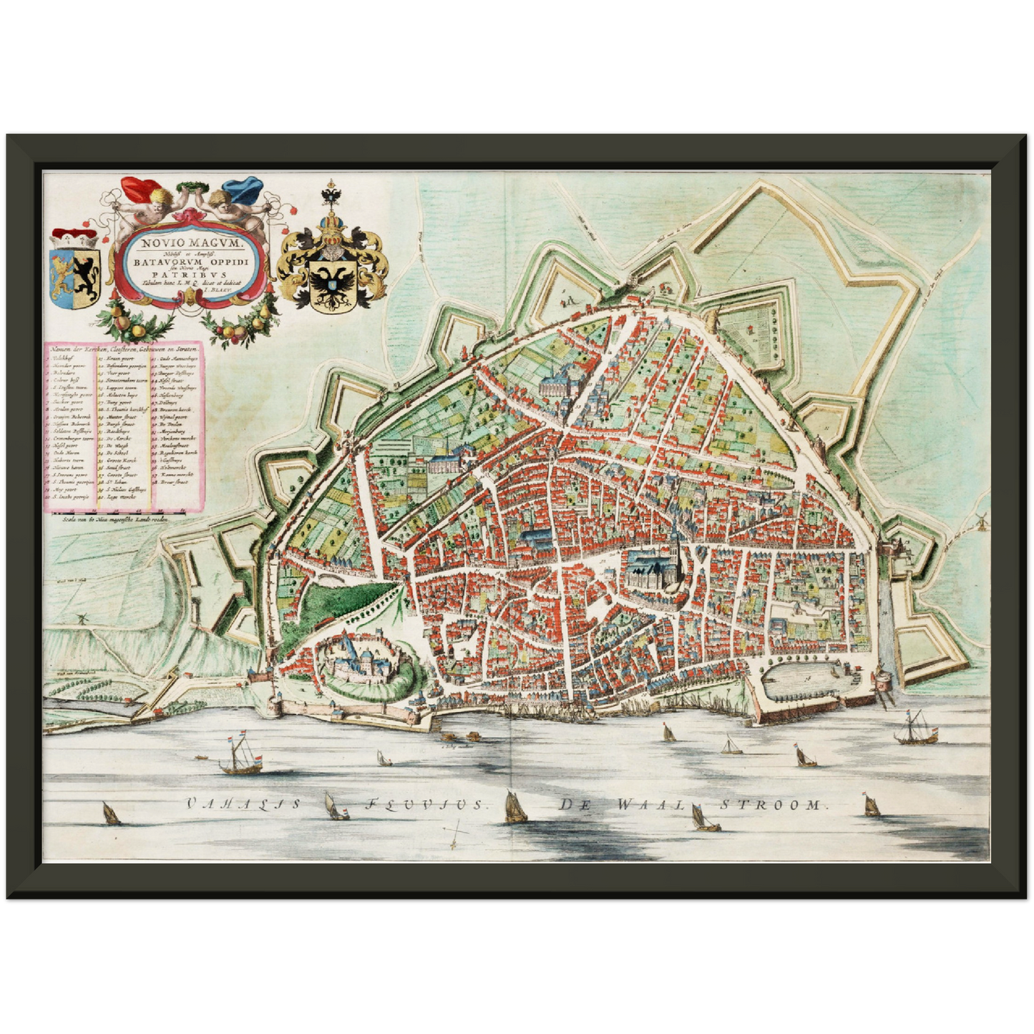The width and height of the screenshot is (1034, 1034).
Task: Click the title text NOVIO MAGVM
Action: [x=192, y=243]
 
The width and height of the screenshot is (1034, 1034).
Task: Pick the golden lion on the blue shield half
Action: [x=62, y=274]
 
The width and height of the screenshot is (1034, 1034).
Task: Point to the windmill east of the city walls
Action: [x=981, y=519]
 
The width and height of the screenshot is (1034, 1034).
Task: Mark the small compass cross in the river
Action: [x=454, y=834]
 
